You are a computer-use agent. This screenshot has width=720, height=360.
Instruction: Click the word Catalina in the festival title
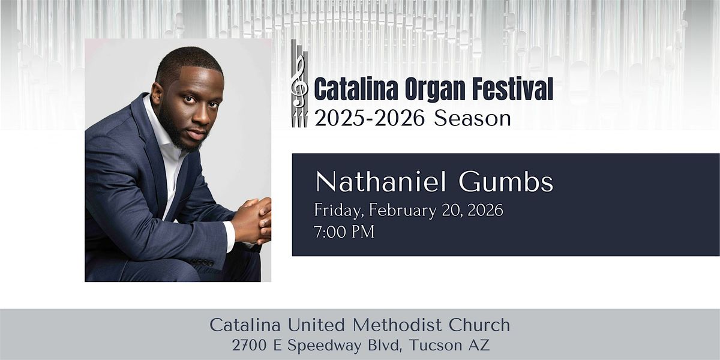pyautogui.click(x=350, y=90)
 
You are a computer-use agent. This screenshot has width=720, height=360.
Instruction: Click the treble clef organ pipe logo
pyautogui.click(x=299, y=84)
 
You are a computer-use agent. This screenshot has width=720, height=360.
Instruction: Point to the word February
pyautogui.click(x=404, y=211)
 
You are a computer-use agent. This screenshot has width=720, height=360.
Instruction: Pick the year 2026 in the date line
pyautogui.click(x=483, y=211)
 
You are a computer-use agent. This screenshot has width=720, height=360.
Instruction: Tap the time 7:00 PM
pyautogui.click(x=344, y=232)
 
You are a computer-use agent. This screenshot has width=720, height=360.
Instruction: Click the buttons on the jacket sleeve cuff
pyautogui.click(x=203, y=262)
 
